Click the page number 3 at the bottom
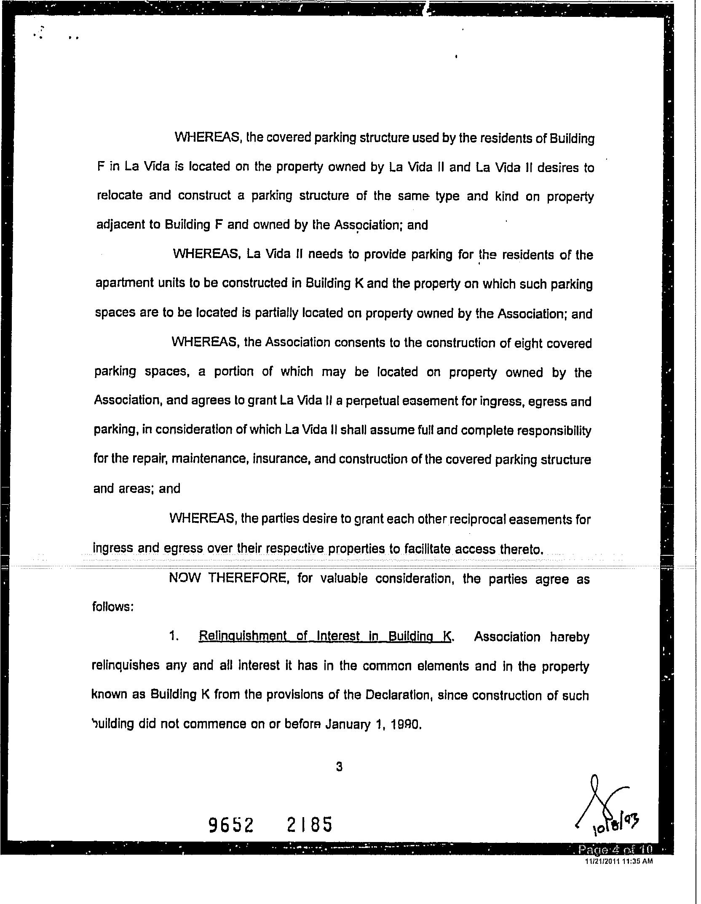pyautogui.click(x=339, y=779)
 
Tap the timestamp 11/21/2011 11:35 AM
pyautogui.click(x=619, y=861)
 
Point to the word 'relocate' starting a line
pyautogui.click(x=119, y=196)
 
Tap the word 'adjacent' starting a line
pyautogui.click(x=121, y=225)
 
